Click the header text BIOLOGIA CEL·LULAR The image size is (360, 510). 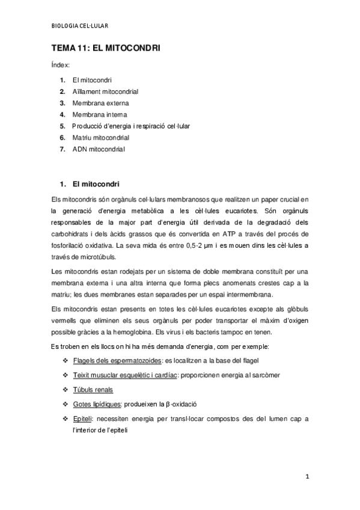pyautogui.click(x=82, y=25)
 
